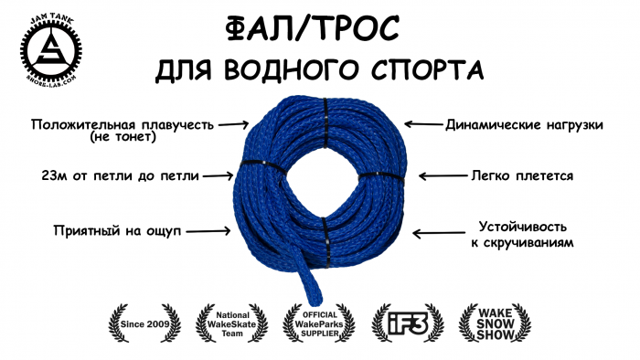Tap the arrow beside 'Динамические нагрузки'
pos(421,123)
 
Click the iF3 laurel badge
pos(408,322)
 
